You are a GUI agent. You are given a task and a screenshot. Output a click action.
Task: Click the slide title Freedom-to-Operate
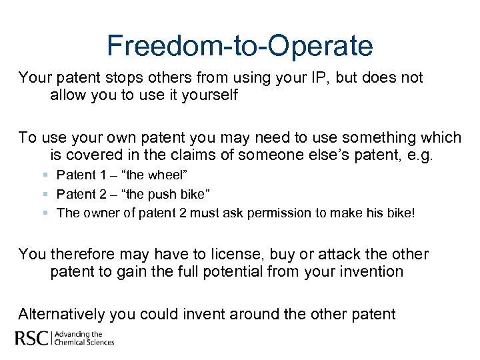(x=240, y=46)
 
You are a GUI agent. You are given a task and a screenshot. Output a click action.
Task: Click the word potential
(x=235, y=272)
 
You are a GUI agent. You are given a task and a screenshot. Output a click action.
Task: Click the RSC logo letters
(x=33, y=338)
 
